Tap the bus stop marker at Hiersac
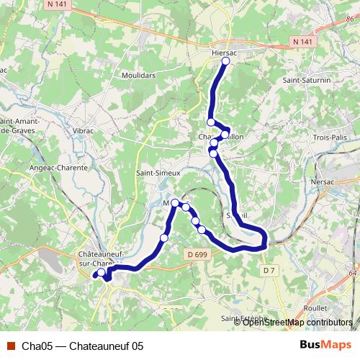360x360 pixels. click(225, 62)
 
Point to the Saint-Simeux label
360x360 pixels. click(158, 174)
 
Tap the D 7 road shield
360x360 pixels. click(269, 270)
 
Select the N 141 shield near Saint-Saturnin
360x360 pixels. click(303, 42)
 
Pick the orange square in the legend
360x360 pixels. click(10, 345)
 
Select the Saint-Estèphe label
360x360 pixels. click(245, 318)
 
